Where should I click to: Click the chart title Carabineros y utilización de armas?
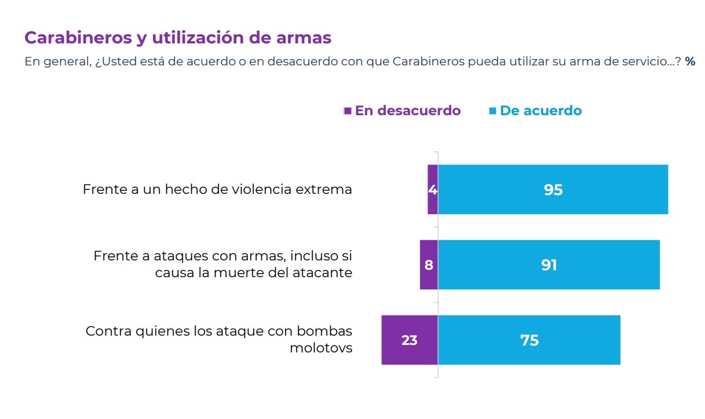coord(178,38)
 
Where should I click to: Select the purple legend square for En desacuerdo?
coord(348,111)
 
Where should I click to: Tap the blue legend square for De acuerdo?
coord(492,111)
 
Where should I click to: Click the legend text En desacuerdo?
coord(408,111)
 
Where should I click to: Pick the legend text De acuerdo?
coord(540,111)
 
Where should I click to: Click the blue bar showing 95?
coord(553,190)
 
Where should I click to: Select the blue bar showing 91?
coord(549,265)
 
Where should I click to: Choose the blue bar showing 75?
coord(529,340)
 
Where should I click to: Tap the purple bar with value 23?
coord(409,340)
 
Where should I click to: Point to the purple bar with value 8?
coord(429,265)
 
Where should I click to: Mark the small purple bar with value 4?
coord(432,190)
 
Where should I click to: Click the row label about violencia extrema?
coord(217,189)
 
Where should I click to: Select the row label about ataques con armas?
coord(223,264)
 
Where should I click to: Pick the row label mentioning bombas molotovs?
coord(219,339)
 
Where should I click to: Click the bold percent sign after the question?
coord(690,61)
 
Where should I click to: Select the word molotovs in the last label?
coord(320,348)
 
